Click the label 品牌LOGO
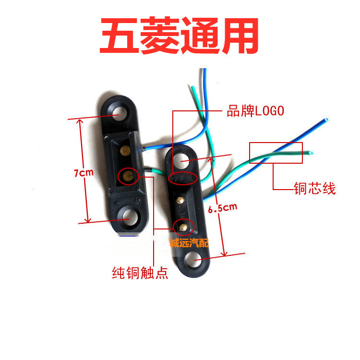[255, 111]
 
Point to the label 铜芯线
[314, 189]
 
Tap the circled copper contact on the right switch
[182, 225]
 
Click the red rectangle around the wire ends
[276, 153]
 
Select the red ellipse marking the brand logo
[183, 177]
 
